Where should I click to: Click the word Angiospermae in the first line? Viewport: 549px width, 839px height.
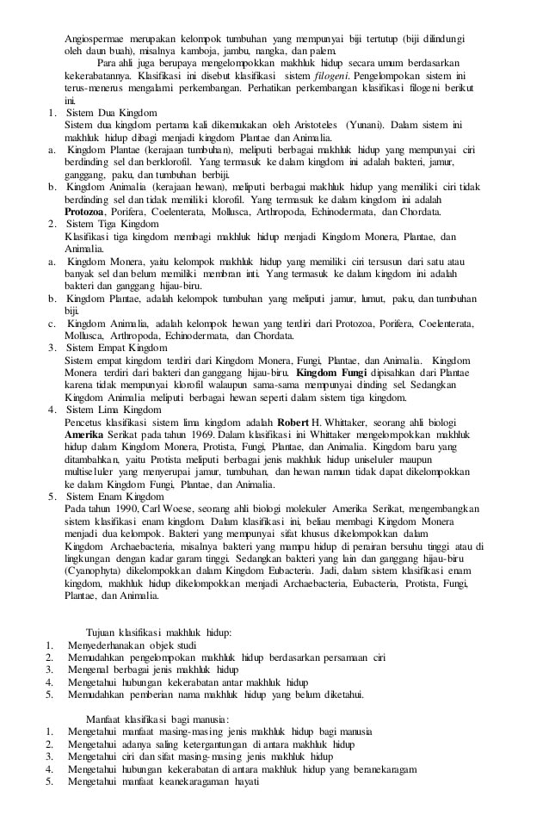(x=94, y=39)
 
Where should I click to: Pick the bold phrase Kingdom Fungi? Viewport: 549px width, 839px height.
(x=330, y=373)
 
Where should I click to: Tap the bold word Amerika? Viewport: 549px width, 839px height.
(x=87, y=436)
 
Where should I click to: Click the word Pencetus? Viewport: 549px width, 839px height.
(x=85, y=423)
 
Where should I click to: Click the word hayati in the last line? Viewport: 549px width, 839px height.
(x=243, y=782)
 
